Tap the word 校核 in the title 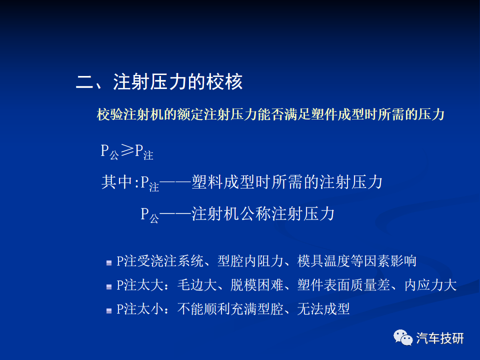tap(224, 82)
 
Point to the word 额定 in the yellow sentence tap(190, 114)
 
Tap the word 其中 tap(116, 182)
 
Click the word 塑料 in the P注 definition tap(207, 182)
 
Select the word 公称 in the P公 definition tap(255, 213)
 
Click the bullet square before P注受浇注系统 tap(109, 262)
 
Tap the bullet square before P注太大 tap(109, 287)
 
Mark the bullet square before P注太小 tap(109, 311)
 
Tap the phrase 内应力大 tap(430, 285)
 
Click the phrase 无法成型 tap(323, 309)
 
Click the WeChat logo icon tap(403, 337)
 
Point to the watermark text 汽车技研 tap(440, 338)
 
